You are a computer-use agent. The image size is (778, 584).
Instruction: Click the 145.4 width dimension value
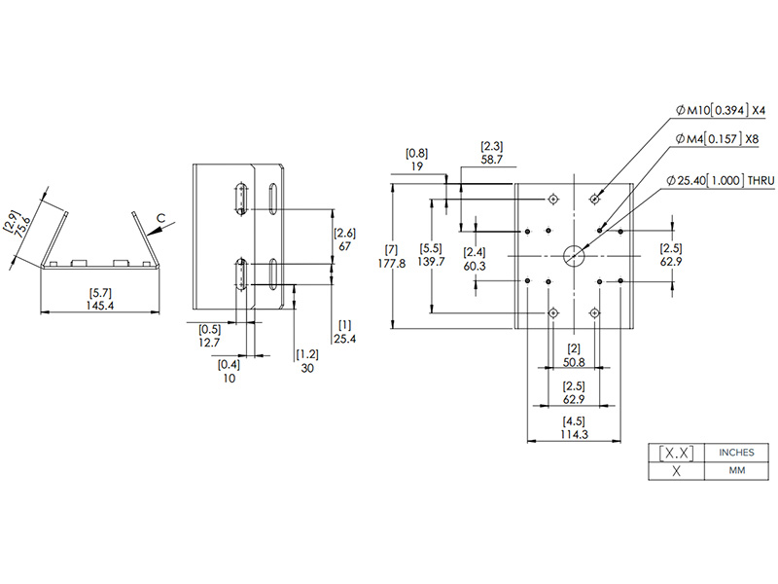(x=100, y=306)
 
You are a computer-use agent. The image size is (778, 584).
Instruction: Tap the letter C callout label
(x=160, y=218)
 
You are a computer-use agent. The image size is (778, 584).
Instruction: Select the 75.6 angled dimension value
(x=23, y=228)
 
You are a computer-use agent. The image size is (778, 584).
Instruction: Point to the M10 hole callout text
(x=721, y=110)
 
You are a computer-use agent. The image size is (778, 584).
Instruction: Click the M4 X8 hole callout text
(x=717, y=139)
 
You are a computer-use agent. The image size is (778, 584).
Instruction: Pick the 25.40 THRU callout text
(x=721, y=180)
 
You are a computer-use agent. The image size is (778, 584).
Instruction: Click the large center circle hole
(x=574, y=256)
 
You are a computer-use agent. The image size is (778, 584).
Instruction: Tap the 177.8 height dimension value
(x=392, y=263)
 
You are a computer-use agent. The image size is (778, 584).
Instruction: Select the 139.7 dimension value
(x=431, y=262)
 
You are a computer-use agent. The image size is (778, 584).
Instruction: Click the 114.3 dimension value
(x=574, y=434)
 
